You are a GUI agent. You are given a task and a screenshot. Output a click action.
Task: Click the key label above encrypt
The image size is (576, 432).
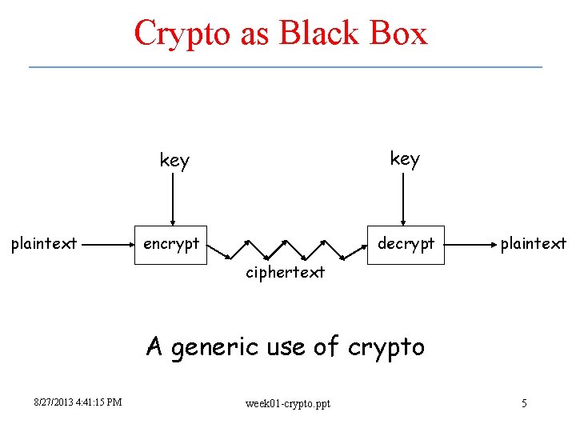point(174,161)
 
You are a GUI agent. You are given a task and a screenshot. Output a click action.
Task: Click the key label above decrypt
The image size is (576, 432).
point(404,159)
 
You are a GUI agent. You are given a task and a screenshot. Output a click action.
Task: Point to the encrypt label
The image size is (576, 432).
point(170,244)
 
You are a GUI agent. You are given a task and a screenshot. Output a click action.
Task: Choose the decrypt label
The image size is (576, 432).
point(406,243)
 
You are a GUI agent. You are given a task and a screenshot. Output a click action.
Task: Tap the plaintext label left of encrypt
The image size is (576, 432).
point(43,244)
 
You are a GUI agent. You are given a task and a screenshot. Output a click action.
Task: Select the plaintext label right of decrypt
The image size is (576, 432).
point(533,243)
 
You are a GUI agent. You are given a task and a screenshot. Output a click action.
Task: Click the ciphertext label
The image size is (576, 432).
point(285,273)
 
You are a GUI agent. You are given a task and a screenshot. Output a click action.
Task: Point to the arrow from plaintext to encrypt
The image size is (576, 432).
point(109,243)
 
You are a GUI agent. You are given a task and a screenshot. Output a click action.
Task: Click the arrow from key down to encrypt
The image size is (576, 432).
point(173,200)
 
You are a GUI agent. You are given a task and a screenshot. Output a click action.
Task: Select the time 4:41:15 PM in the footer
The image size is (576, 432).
point(101,402)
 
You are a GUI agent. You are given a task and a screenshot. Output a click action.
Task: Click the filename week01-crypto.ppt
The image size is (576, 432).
point(287,403)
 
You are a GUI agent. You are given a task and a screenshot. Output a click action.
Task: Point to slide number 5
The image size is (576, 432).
point(524,403)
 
